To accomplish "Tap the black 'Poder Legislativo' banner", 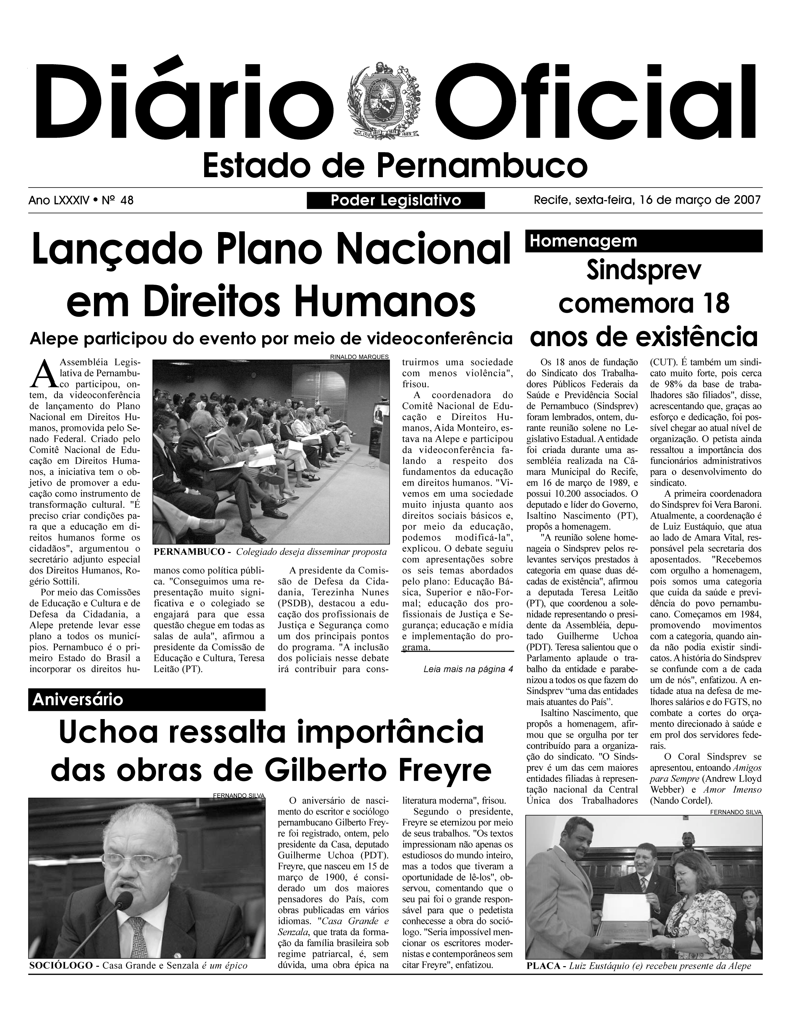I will (x=395, y=201).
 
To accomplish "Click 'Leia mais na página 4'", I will (x=468, y=669).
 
